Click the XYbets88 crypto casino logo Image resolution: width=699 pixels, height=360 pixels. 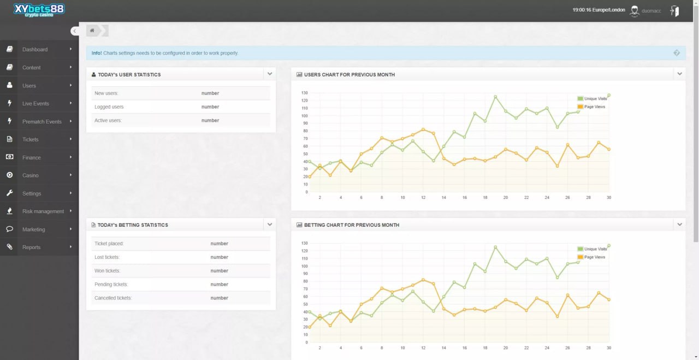[x=39, y=10]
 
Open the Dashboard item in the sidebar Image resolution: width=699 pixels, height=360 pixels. [x=35, y=49]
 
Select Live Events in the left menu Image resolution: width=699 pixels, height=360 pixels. [x=35, y=103]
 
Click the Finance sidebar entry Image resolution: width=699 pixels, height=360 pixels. [x=31, y=157]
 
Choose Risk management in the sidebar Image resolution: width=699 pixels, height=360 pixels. [x=43, y=211]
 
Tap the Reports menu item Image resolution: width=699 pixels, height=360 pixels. [x=31, y=247]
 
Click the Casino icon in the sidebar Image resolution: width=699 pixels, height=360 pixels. [x=9, y=175]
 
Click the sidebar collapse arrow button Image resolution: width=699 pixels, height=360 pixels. [x=74, y=31]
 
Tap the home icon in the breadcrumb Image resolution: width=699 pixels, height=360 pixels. [x=92, y=31]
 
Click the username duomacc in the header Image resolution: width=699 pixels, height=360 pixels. [x=651, y=10]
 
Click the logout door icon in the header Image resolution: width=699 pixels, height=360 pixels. [x=674, y=11]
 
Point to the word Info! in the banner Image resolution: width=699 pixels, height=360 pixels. [x=97, y=53]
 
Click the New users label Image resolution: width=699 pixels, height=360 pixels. [x=106, y=93]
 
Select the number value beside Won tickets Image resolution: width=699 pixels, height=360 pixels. [x=219, y=271]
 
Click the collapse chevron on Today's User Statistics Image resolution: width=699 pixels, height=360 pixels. [x=270, y=74]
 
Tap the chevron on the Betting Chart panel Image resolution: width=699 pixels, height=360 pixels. [x=679, y=224]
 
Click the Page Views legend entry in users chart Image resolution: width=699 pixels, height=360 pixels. [x=594, y=107]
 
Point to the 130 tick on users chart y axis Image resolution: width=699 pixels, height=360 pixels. [x=304, y=93]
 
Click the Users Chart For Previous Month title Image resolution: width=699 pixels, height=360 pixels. [x=349, y=74]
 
